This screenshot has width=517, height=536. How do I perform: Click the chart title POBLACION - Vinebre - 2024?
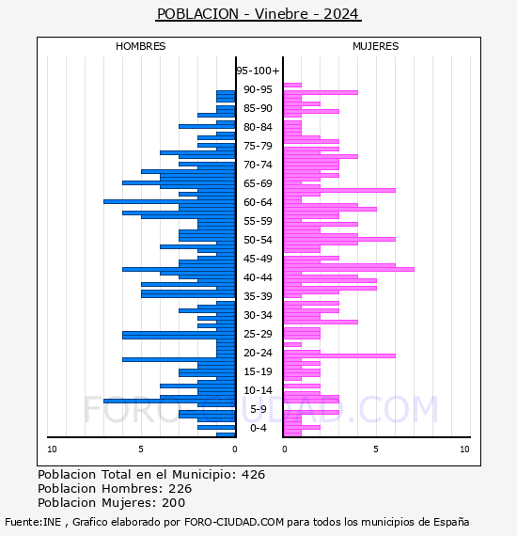pos(258,14)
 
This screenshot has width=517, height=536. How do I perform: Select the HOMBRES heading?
pos(140,46)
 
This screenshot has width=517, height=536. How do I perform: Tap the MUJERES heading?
pos(376,46)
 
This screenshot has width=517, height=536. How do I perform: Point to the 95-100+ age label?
pos(258,71)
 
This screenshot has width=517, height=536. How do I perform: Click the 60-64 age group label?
pos(258,202)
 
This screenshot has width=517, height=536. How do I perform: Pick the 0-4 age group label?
pos(258,428)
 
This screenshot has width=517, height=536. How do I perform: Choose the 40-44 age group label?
pos(258,277)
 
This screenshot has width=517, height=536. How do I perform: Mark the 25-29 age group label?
pos(258,334)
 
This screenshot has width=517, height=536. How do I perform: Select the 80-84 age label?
pos(258,127)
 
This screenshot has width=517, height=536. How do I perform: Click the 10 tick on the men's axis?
pos(52,449)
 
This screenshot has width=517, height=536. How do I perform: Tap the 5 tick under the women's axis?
pos(376,449)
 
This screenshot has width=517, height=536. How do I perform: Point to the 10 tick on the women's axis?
pos(464,449)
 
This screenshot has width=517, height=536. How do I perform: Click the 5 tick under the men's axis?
pos(141,449)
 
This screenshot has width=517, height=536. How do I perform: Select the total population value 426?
pos(253,475)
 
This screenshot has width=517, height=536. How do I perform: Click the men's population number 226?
pos(180,488)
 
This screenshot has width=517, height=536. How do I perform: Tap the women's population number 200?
pos(173,502)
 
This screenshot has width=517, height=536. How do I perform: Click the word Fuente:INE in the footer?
pos(33,522)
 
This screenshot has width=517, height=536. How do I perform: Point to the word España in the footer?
pos(451,522)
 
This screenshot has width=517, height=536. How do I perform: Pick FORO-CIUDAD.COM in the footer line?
pos(234,522)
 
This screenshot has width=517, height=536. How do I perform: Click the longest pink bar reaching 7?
pos(349,269)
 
